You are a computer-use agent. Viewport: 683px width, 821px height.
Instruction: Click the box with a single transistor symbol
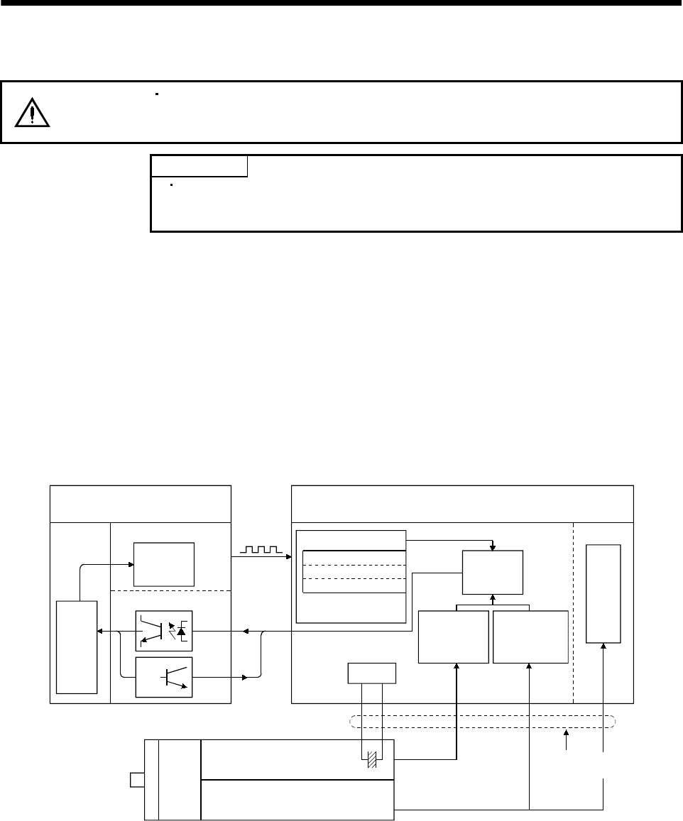pos(163,676)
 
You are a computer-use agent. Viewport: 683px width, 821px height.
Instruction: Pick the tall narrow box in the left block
pos(77,646)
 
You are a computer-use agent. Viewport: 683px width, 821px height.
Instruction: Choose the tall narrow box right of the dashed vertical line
pos(603,594)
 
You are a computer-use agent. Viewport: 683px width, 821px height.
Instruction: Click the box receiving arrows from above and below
pos(493,572)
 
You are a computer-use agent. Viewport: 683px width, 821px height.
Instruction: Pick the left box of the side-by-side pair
pos(454,637)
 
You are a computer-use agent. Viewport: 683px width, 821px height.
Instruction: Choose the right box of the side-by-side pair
pos(530,637)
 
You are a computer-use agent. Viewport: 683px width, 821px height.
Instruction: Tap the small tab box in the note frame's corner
pos(199,166)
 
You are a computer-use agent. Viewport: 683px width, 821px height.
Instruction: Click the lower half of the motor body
pos(297,798)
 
